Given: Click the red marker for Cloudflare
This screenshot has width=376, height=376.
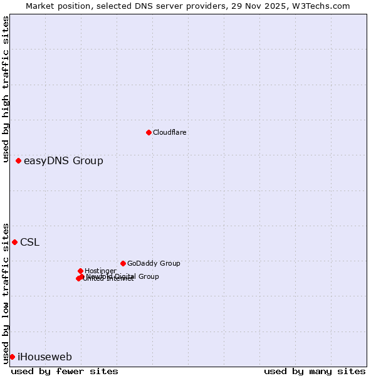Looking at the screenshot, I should pos(149,132).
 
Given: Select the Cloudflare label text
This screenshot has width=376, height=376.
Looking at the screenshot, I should pos(170,132).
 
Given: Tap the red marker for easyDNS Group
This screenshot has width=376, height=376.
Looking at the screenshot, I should pos(19,161).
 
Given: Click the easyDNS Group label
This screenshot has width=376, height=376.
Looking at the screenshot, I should pos(63,161).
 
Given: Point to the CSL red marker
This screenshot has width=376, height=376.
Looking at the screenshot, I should pos(15,242).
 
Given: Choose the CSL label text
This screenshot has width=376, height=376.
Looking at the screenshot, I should pos(29,243).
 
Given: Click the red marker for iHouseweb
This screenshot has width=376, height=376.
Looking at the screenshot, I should pos(12,357).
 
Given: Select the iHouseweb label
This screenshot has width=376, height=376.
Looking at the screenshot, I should pos(44,357).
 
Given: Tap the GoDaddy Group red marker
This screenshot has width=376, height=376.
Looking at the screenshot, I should pos(123,263).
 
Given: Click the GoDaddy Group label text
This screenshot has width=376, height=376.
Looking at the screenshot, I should pos(154,264).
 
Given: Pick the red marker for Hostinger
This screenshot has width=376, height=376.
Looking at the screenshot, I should pos(80,271).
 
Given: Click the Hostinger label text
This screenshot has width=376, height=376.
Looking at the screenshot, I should pos(100,271).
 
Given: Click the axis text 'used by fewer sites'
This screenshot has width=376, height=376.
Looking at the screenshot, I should pos(65,372).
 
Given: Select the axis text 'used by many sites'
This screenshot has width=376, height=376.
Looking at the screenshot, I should pos(315,372).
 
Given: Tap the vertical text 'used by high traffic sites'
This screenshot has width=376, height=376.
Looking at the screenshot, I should pos(6,84).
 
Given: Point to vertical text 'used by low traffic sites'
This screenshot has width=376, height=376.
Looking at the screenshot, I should pos(6,293).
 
